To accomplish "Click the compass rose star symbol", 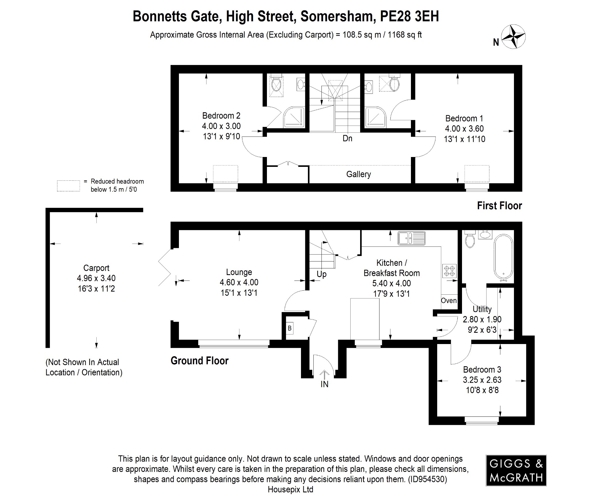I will point(513,37).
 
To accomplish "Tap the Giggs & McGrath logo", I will point(516,470).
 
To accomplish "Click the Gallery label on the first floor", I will point(358,174).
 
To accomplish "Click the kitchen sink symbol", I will point(412,238).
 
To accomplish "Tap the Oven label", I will point(449,300).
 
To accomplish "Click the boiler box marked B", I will point(289,328).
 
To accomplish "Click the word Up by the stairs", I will point(321,274).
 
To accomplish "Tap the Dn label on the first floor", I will point(347,139).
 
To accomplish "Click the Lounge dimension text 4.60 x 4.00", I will point(239,282).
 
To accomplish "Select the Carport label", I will point(96,268).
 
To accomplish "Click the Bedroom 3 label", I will point(482,369).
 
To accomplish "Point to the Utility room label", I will point(482,309).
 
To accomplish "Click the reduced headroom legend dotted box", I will point(68,186).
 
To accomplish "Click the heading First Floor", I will point(499,206).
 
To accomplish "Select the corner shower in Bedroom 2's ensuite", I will point(294,117).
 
